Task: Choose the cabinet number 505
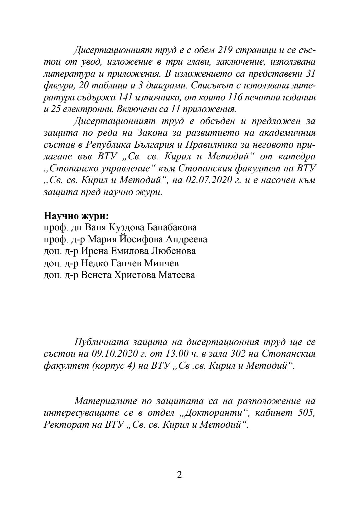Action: click(x=306, y=413)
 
